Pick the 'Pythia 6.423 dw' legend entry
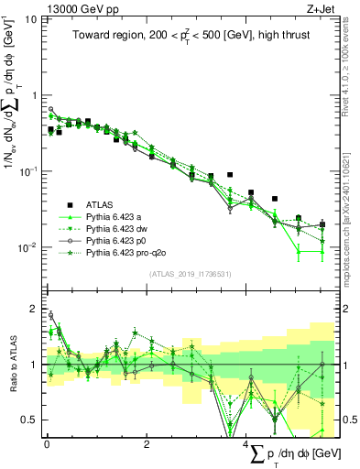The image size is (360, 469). tap(119, 229)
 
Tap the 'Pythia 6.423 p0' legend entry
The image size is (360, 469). tap(119, 241)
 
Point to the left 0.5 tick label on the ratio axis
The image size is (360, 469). tap(30, 420)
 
